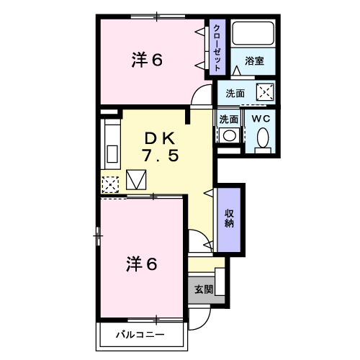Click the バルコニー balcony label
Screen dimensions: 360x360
[x=140, y=334]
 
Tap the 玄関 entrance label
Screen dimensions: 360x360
[x=204, y=289]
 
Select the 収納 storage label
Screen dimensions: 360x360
[x=229, y=218]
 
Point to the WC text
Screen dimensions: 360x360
[x=261, y=119]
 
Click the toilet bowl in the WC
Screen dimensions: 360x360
[x=263, y=138]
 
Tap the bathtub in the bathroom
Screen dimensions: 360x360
[x=253, y=33]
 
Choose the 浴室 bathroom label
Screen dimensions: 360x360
[x=254, y=61]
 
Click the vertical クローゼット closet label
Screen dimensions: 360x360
[x=217, y=48]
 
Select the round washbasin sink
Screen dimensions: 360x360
[x=230, y=135]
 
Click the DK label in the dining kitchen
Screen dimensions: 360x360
[x=160, y=139]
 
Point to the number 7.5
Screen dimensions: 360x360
[x=161, y=155]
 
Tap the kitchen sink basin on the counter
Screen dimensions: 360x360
[x=112, y=154]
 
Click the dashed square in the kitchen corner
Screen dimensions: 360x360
[x=110, y=184]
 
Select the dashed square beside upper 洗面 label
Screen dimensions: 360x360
[x=265, y=92]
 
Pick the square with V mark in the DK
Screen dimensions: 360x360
[x=136, y=180]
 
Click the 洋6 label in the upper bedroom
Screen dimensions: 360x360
[x=147, y=60]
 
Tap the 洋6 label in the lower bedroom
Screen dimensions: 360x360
[x=142, y=264]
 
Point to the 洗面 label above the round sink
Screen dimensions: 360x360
[x=229, y=120]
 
